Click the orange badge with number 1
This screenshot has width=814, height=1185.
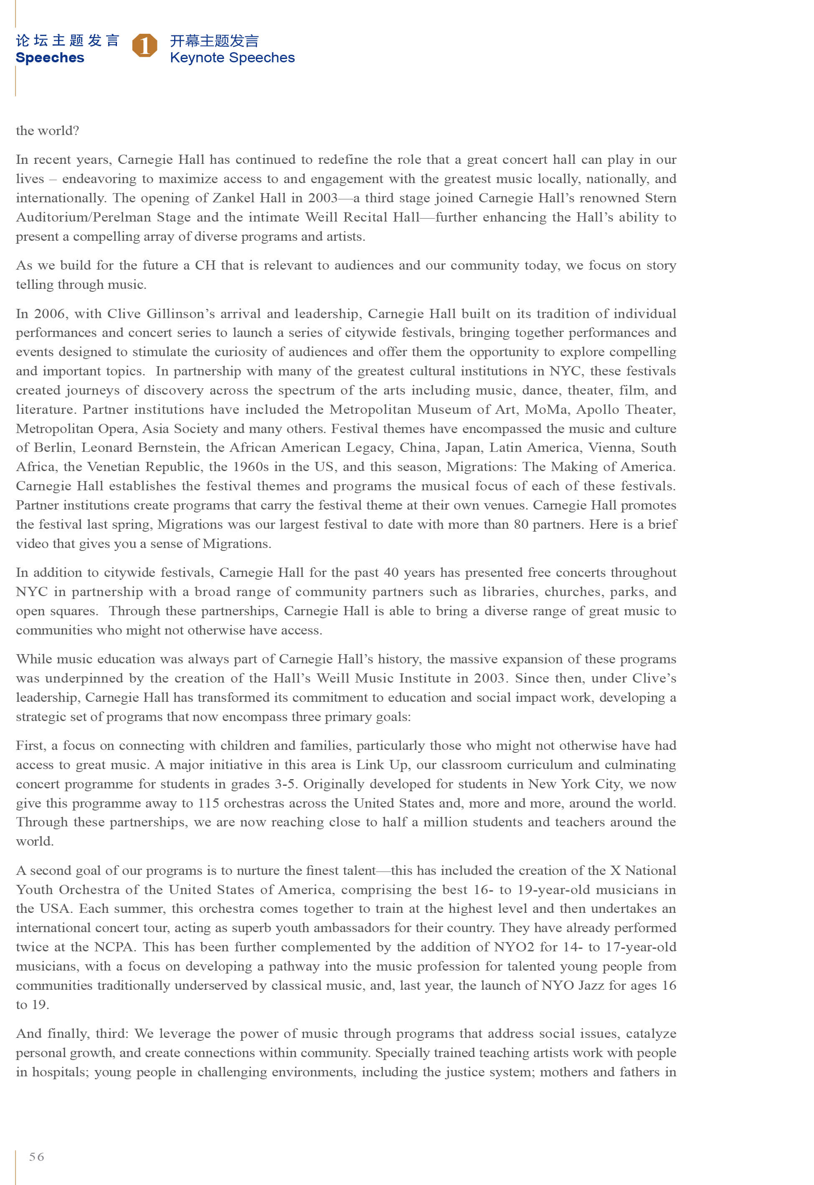tap(145, 46)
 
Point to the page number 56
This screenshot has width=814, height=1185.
tap(37, 1157)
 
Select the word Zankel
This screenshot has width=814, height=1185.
tap(232, 198)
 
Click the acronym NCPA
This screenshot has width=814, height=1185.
tap(115, 947)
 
